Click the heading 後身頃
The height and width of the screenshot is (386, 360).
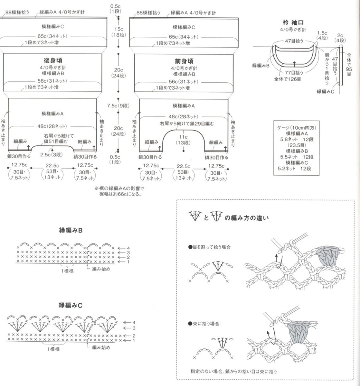[53, 60]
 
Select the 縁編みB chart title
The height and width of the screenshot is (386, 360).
[71, 230]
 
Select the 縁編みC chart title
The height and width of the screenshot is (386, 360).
[71, 305]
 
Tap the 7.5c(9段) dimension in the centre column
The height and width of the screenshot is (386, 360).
[118, 106]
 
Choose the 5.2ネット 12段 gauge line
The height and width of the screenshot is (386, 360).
[294, 168]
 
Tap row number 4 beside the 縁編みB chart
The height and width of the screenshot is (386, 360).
[128, 248]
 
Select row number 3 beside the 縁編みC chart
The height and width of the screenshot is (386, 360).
[134, 328]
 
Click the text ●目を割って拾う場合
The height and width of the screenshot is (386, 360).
[209, 247]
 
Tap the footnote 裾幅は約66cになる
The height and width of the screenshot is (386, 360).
[120, 194]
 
